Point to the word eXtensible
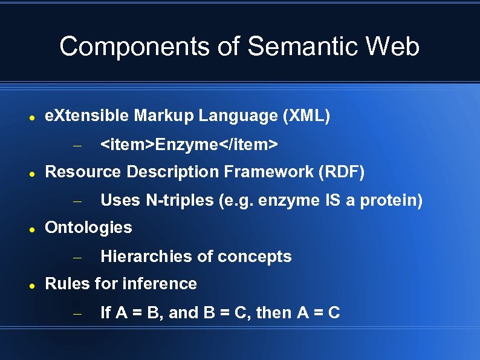point(88,116)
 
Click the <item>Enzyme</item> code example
point(189,145)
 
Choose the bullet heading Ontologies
point(88,227)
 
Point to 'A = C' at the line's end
point(319,313)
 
